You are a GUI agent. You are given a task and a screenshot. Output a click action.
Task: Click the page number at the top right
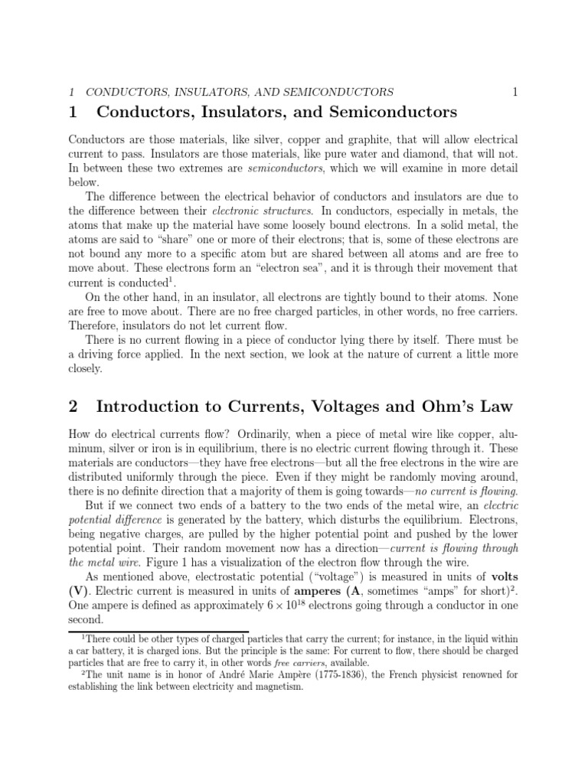[x=515, y=92]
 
